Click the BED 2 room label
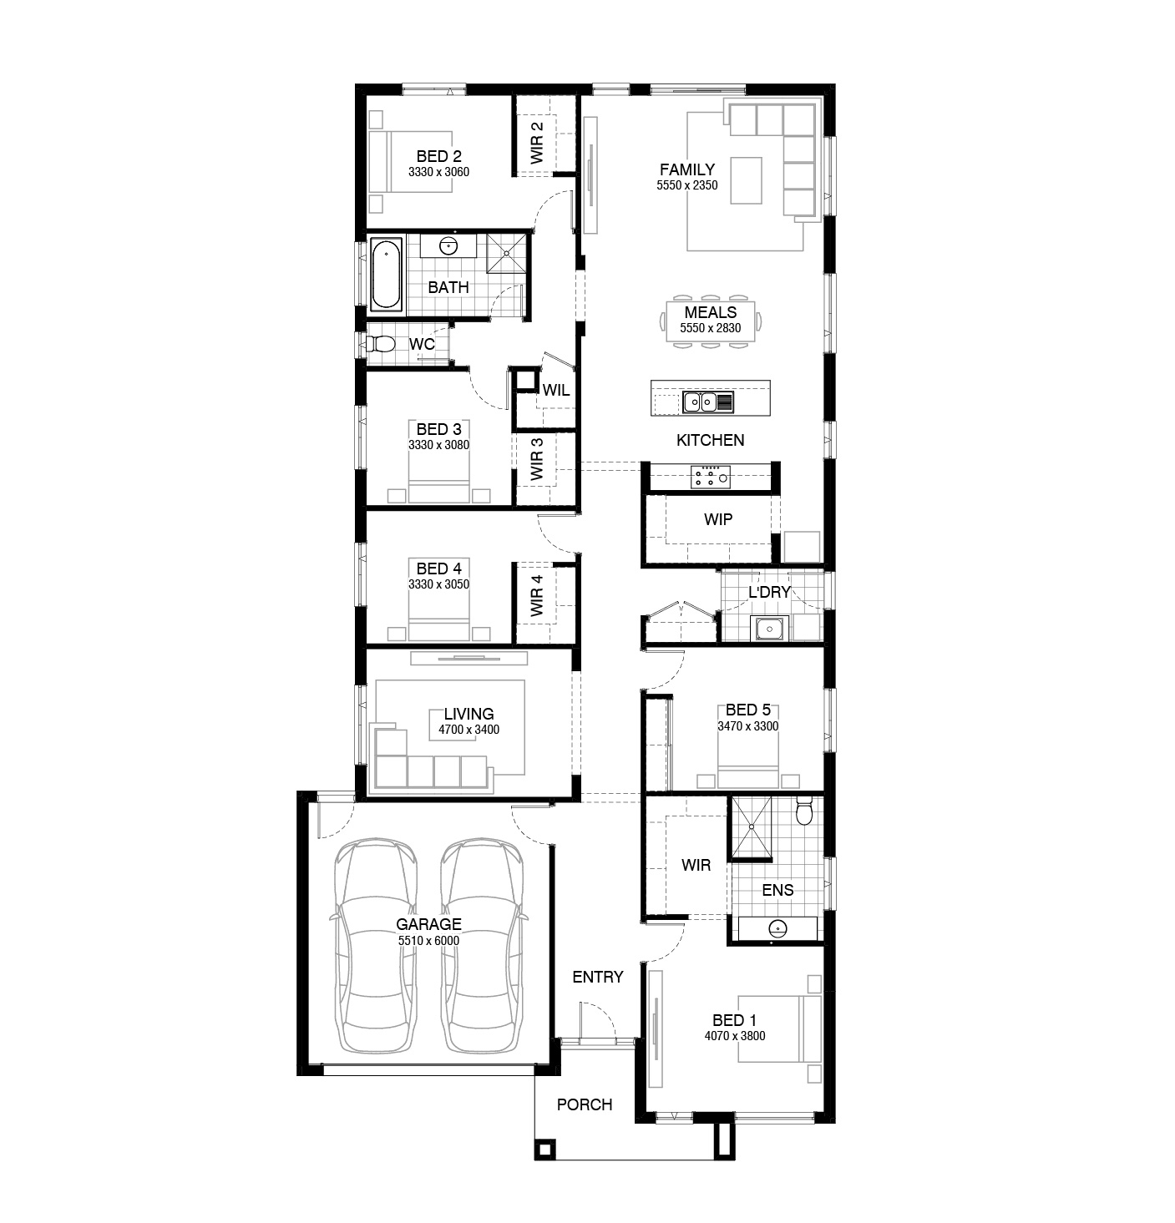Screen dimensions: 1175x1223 click(x=438, y=156)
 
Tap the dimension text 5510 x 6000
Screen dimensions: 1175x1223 click(x=428, y=940)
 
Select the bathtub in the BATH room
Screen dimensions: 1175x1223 click(x=385, y=275)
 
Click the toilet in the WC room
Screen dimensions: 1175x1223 click(x=380, y=344)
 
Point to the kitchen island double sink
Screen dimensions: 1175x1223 click(x=708, y=402)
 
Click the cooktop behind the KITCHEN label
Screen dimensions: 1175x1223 click(x=711, y=477)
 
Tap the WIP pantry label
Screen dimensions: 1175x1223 click(x=718, y=519)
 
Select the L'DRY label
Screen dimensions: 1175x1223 click(x=769, y=591)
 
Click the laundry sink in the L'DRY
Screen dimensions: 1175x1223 click(x=768, y=628)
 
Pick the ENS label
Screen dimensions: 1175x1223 click(x=777, y=889)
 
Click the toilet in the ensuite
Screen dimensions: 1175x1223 click(x=804, y=811)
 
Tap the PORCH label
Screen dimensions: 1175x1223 click(x=585, y=1104)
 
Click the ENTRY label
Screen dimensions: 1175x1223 click(x=598, y=977)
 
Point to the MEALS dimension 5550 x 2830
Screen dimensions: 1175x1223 click(x=711, y=327)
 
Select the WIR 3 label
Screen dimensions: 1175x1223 click(x=536, y=459)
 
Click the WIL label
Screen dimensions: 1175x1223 click(x=556, y=390)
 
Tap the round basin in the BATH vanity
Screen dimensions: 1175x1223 click(x=448, y=245)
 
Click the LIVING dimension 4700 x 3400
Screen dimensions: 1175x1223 click(x=469, y=729)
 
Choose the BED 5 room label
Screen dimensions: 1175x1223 click(x=748, y=710)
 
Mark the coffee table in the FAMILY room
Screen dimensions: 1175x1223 click(x=747, y=180)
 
